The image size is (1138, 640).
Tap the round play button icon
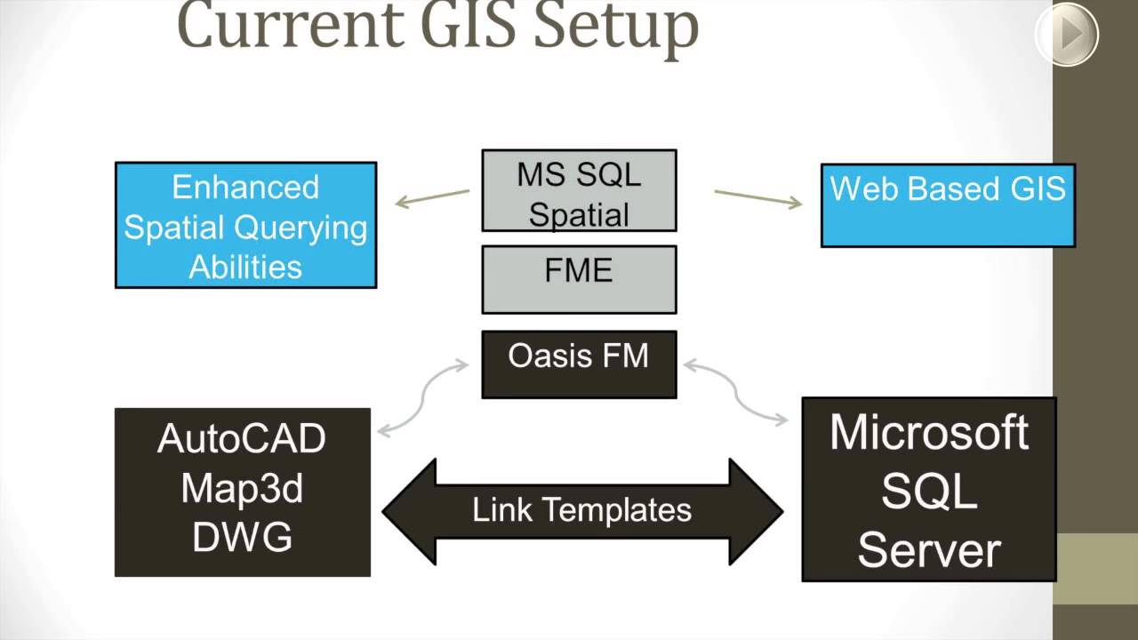(x=1067, y=35)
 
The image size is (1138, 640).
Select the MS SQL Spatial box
(x=579, y=191)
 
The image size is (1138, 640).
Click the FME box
(x=579, y=279)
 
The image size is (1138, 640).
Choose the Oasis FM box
(x=579, y=364)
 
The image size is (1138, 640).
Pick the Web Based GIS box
(x=947, y=205)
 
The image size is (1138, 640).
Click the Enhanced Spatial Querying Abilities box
(x=245, y=225)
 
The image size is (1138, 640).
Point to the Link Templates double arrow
(x=582, y=511)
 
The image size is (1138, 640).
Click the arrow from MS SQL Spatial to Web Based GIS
(x=757, y=197)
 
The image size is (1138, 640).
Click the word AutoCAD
(x=242, y=439)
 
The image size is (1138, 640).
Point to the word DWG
(x=242, y=538)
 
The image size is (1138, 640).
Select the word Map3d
(x=242, y=488)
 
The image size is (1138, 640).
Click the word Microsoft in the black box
(x=929, y=433)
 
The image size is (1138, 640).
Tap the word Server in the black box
(x=929, y=548)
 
